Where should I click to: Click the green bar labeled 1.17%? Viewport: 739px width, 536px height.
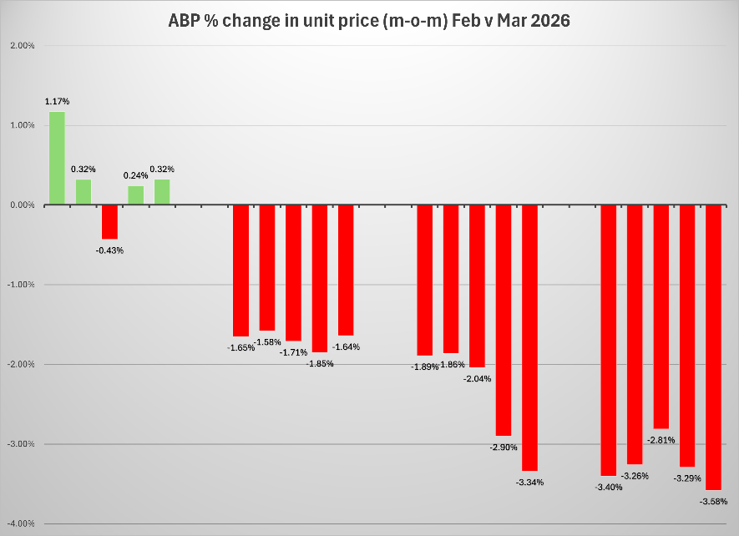(x=57, y=158)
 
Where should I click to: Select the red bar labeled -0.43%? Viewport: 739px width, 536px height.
(x=109, y=221)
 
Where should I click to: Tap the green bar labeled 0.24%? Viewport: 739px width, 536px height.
(x=135, y=195)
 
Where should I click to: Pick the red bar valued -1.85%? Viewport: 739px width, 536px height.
(x=320, y=278)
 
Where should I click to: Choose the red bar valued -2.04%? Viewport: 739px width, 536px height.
(x=477, y=286)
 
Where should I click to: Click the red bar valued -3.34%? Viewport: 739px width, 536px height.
(x=529, y=337)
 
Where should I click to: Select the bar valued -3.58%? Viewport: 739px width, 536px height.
(x=713, y=346)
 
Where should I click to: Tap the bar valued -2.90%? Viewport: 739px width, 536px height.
(x=504, y=320)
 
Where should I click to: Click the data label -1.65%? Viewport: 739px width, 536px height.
(x=240, y=347)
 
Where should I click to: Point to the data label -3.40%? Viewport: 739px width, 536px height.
(x=608, y=487)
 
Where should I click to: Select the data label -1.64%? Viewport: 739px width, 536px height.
(x=347, y=346)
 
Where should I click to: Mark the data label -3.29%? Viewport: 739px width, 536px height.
(x=687, y=478)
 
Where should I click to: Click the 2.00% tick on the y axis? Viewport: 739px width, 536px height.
(x=22, y=45)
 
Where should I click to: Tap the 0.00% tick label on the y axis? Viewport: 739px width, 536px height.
(x=22, y=205)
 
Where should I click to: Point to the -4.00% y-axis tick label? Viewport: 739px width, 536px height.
(x=20, y=523)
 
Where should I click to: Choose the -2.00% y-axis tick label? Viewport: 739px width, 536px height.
(x=20, y=364)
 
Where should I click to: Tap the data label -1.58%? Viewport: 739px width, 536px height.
(x=268, y=341)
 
